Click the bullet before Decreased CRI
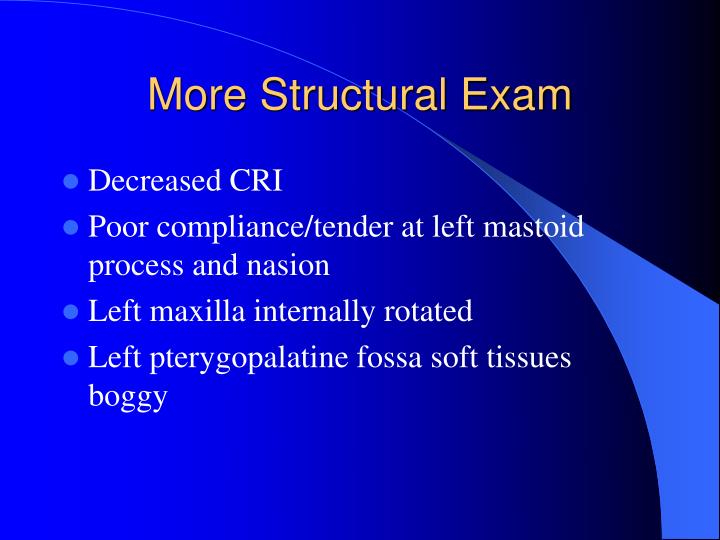pos(70,181)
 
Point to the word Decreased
pos(153,181)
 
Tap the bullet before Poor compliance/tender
pos(70,227)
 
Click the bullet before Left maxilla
pos(70,311)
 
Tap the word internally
pos(318,311)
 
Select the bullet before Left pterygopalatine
pos(70,357)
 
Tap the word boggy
pos(128,397)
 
